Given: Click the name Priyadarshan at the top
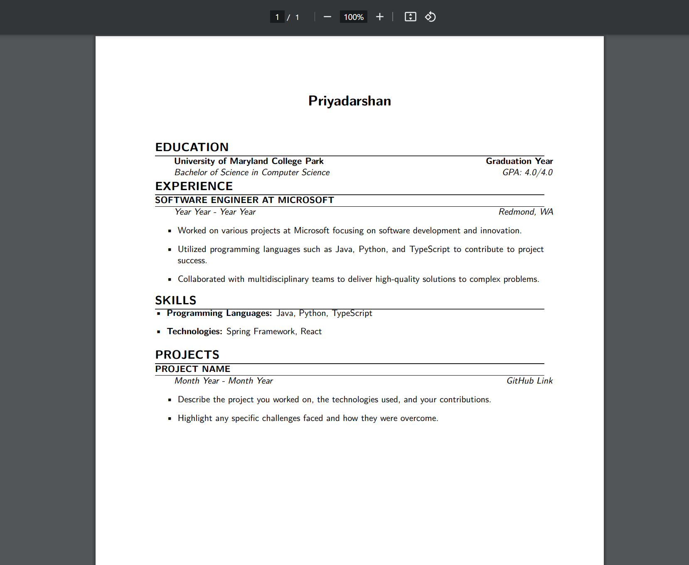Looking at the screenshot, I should (349, 101).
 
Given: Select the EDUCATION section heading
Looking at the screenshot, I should (192, 147).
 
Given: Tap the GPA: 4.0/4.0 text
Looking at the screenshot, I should (527, 172).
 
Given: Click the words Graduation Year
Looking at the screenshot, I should (519, 161).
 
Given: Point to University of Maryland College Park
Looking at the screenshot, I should (249, 161).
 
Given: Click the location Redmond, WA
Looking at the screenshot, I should (526, 212).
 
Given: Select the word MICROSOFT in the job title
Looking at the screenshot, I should (305, 200).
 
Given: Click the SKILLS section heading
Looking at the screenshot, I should (175, 300).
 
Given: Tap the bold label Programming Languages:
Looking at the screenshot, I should (219, 313).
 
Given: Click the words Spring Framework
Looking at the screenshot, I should (261, 331).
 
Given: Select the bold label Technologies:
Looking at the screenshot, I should (194, 331).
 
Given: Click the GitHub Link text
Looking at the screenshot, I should (529, 381).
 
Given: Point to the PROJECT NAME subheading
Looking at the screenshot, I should (192, 369).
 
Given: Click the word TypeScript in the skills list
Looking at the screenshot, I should (352, 313).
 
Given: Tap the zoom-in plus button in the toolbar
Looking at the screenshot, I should (379, 17).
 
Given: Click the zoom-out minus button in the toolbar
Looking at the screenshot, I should (327, 17).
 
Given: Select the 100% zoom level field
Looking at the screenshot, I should (353, 17).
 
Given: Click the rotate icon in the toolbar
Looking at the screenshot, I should (430, 17).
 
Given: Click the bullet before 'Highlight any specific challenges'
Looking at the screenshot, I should (170, 418).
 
